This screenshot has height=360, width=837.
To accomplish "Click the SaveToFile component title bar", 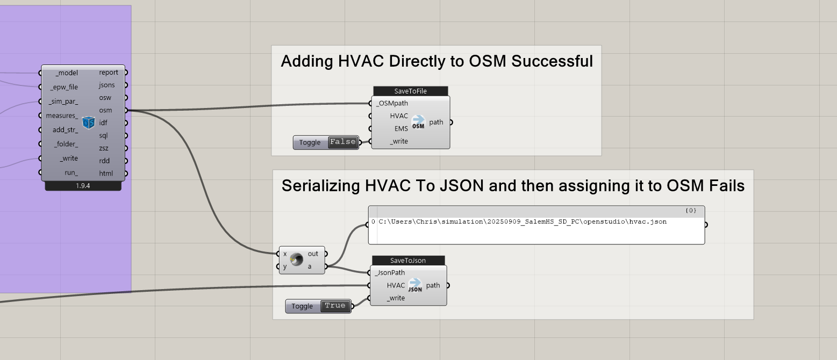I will (410, 91).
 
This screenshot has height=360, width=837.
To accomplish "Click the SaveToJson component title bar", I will (407, 261).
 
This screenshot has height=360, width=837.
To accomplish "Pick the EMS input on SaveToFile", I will (400, 129).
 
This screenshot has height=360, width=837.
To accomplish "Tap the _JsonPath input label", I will (390, 272).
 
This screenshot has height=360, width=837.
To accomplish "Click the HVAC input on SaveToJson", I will (396, 285).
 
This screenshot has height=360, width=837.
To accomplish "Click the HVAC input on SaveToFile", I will (399, 116).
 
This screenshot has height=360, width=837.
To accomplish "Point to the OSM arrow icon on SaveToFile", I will (418, 122).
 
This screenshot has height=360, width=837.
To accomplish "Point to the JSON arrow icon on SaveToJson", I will (414, 285).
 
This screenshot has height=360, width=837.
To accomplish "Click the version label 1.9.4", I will (83, 186).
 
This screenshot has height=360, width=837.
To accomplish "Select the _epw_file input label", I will (64, 87).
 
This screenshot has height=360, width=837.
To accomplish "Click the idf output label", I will (103, 123).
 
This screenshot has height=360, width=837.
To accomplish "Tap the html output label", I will (105, 174).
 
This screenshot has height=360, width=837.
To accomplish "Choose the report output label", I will (109, 73).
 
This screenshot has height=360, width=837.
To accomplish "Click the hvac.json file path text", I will (522, 222).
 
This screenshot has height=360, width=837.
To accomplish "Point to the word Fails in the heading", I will (726, 186).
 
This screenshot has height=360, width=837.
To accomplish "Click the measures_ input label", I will (62, 116).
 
